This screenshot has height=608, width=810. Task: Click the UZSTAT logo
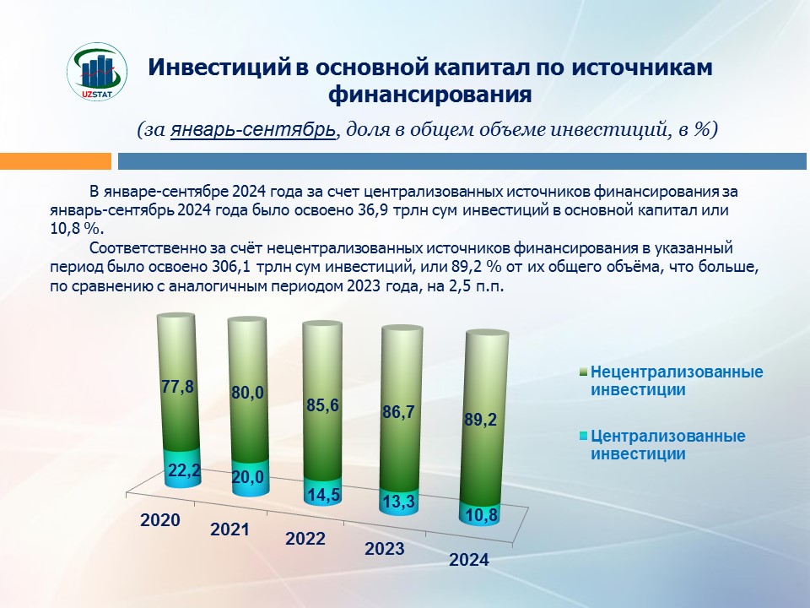click(96, 71)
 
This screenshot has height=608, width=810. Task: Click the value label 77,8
click(177, 387)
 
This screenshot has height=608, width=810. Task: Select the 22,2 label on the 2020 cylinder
click(185, 470)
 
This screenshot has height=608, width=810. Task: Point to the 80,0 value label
click(247, 393)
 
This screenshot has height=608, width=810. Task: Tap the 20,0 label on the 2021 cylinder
click(247, 476)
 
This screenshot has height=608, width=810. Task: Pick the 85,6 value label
click(322, 405)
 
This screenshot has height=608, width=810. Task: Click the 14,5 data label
click(324, 495)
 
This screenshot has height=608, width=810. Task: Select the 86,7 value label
click(398, 412)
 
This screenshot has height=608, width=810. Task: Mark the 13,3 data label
click(399, 501)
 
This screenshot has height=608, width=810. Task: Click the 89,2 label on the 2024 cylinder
click(480, 420)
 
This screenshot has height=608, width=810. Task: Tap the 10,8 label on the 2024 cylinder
click(482, 515)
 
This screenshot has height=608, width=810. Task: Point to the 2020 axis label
click(160, 519)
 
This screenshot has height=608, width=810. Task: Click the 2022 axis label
click(305, 538)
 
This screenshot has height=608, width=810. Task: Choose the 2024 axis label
click(469, 559)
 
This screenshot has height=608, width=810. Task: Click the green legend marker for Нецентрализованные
click(584, 372)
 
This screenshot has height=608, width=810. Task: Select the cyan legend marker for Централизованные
click(584, 437)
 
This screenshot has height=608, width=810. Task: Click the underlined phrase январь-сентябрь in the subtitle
click(253, 129)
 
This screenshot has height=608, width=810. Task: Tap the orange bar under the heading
click(56, 160)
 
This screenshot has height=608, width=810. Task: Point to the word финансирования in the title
click(429, 94)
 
